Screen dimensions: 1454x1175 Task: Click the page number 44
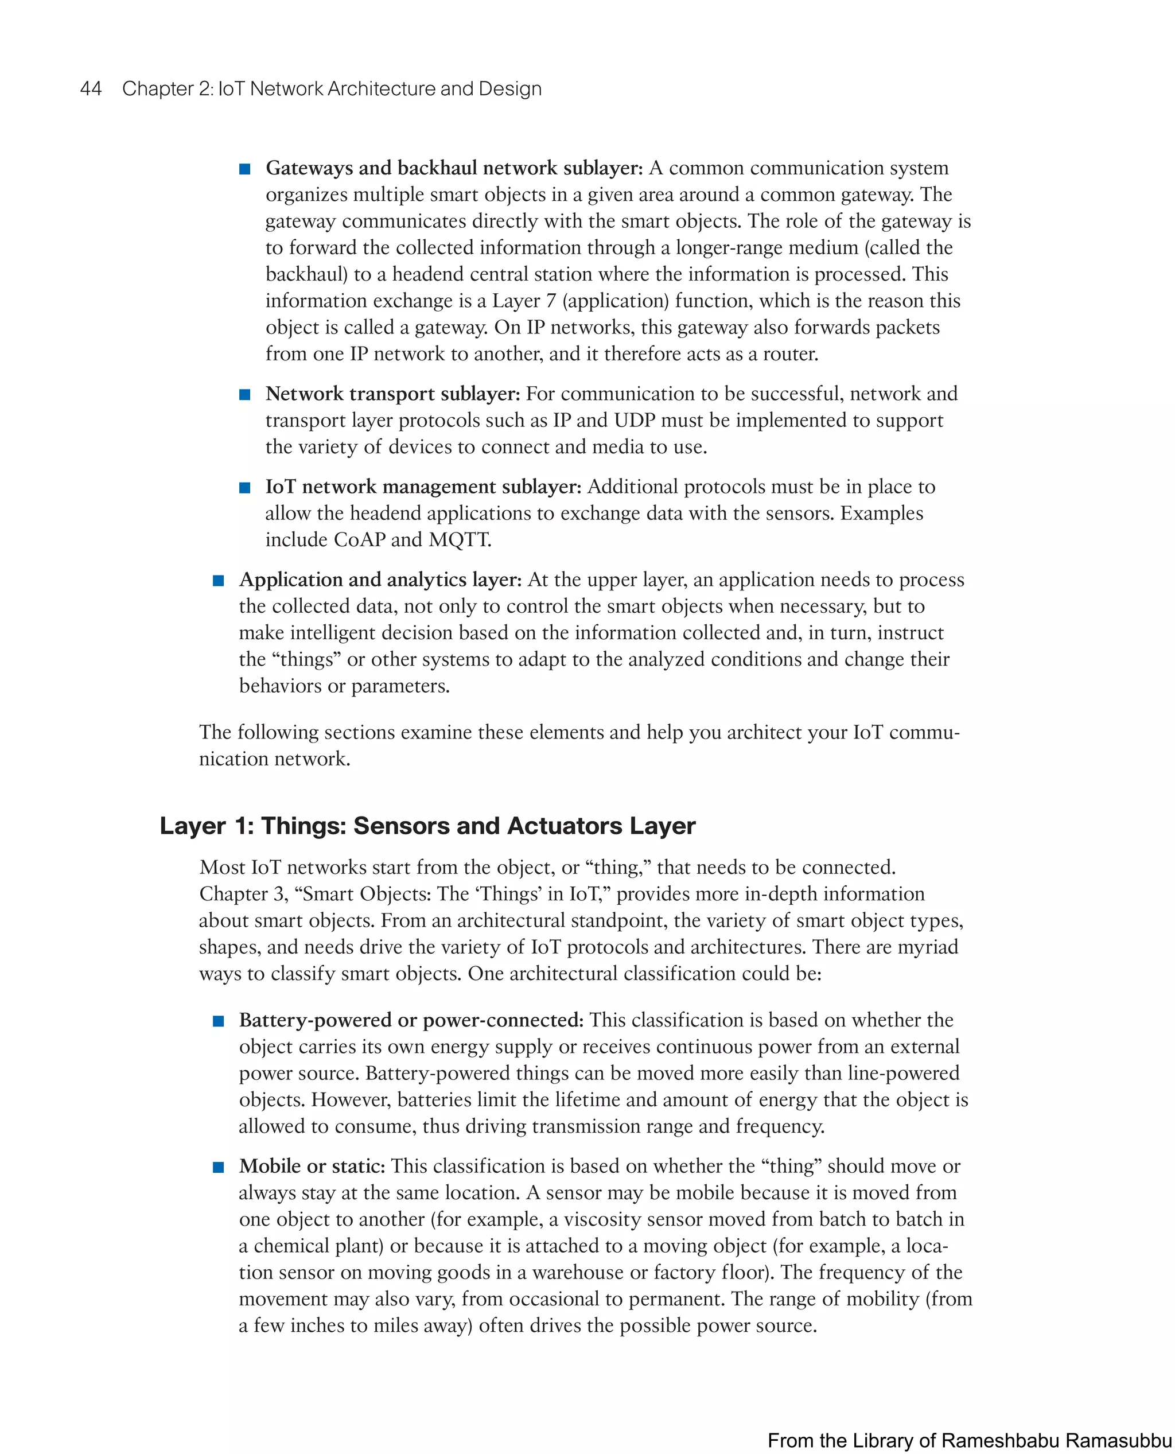pyautogui.click(x=91, y=89)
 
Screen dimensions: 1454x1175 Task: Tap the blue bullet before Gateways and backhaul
pyautogui.click(x=245, y=169)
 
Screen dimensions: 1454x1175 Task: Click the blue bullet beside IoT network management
pyautogui.click(x=245, y=487)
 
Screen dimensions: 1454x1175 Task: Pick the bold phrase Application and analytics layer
pyautogui.click(x=380, y=580)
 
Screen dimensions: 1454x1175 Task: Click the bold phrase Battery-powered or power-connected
pyautogui.click(x=411, y=1020)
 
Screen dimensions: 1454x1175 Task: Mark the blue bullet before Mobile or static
pyautogui.click(x=218, y=1167)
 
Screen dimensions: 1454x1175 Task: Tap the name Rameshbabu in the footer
pyautogui.click(x=1001, y=1440)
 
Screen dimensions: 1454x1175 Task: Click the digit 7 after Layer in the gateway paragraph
pyautogui.click(x=551, y=301)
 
